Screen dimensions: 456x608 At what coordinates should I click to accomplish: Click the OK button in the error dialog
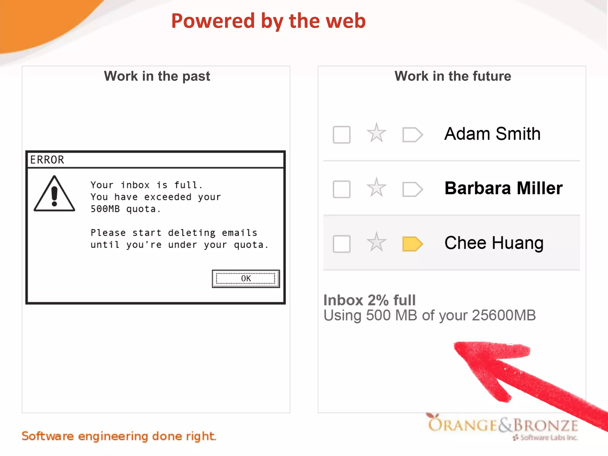[x=246, y=278]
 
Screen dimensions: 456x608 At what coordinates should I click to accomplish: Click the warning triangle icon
[x=54, y=194]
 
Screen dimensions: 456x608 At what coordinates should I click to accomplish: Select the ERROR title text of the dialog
[x=47, y=160]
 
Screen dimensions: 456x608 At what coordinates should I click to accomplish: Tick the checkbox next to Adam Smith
[x=341, y=135]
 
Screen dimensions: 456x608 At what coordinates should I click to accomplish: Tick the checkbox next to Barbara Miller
[x=341, y=189]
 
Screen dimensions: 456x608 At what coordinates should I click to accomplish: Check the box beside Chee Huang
[x=341, y=244]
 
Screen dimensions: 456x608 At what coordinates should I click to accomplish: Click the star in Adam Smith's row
[x=376, y=133]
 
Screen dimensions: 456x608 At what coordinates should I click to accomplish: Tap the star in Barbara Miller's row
[x=376, y=188]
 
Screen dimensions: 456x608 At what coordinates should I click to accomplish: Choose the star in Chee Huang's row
[x=376, y=242]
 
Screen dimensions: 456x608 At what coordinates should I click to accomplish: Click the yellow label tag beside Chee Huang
[x=412, y=244]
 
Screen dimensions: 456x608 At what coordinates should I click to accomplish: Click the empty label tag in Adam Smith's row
[x=412, y=135]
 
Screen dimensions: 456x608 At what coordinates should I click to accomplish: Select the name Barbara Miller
[x=503, y=188]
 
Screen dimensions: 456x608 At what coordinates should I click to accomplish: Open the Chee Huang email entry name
[x=494, y=243]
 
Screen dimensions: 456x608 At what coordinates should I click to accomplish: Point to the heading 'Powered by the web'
[x=268, y=21]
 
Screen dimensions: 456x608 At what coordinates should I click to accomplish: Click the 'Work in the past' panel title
[x=157, y=76]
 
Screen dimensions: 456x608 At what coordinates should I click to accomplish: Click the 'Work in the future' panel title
[x=453, y=76]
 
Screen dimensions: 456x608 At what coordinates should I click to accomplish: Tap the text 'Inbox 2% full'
[x=370, y=300]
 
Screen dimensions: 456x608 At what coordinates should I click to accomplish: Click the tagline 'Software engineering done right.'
[x=119, y=436]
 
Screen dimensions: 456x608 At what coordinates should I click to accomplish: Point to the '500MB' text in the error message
[x=105, y=209]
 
